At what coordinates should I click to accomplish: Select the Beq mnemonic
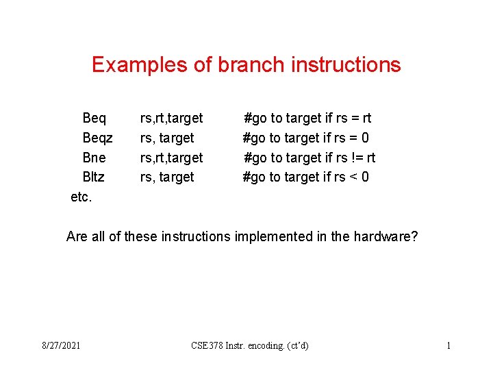pos(94,119)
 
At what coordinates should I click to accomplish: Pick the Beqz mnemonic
pos(97,138)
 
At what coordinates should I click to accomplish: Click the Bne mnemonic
pos(94,158)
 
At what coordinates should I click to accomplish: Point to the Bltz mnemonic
pos(94,177)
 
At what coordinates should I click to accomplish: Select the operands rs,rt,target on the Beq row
pos(171,119)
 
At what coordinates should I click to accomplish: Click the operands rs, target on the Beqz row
pos(167,138)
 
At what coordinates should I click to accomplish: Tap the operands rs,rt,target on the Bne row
pos(171,158)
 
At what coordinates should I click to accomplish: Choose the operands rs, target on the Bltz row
pos(167,177)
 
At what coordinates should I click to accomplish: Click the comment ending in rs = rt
pos(307,119)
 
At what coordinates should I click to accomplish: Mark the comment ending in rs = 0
pos(306,138)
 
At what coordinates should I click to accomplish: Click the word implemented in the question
pos(270,236)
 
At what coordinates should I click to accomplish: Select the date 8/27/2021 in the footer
pos(61,345)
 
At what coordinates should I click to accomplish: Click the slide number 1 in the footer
pos(448,345)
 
